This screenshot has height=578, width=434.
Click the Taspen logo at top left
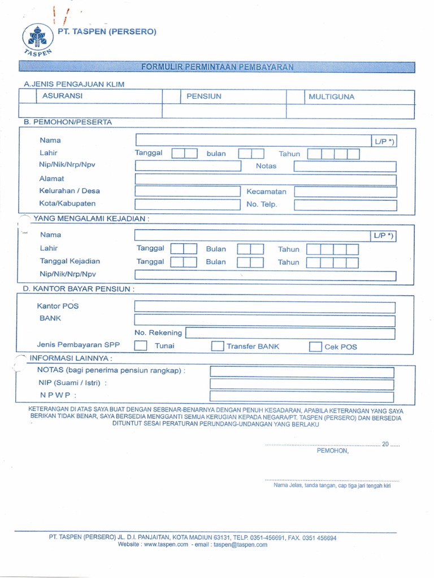pos(37,38)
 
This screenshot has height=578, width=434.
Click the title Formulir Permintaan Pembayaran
pos(218,67)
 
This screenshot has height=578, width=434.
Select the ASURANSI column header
pos(62,96)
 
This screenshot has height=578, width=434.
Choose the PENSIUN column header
pos(204,97)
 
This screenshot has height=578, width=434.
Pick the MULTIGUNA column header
pos(331,97)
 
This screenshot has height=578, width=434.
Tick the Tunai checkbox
pos(141,346)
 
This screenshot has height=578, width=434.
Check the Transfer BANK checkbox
pos(217,346)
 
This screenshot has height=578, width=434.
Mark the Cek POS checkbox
pos(315,347)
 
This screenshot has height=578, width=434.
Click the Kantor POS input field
pos(264,307)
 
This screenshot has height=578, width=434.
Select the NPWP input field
pos(302,396)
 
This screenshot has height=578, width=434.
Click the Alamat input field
pos(266,179)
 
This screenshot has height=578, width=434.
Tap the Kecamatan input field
pos(345,192)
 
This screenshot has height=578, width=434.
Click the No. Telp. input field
pos(345,205)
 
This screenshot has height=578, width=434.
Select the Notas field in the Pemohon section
pos(345,167)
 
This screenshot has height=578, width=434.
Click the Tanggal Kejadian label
pos(70,261)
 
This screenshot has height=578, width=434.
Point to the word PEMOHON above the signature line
pos(333,450)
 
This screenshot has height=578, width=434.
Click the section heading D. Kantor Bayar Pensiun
pos(79,289)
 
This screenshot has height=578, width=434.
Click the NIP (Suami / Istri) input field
pos(302,384)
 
